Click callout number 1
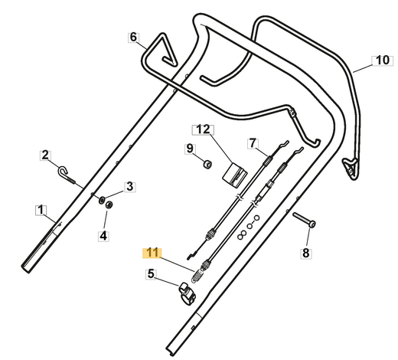click(41, 210)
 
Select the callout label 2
click(45, 155)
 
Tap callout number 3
click(130, 187)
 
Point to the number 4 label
click(103, 236)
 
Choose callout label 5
click(151, 274)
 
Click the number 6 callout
click(133, 37)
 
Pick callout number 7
click(253, 143)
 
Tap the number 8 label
click(306, 254)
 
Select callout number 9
click(190, 149)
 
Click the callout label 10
click(383, 61)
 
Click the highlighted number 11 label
click(152, 253)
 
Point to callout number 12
click(203, 129)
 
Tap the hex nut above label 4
click(109, 205)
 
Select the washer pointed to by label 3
click(102, 200)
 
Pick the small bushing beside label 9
click(207, 164)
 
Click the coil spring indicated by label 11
click(197, 277)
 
